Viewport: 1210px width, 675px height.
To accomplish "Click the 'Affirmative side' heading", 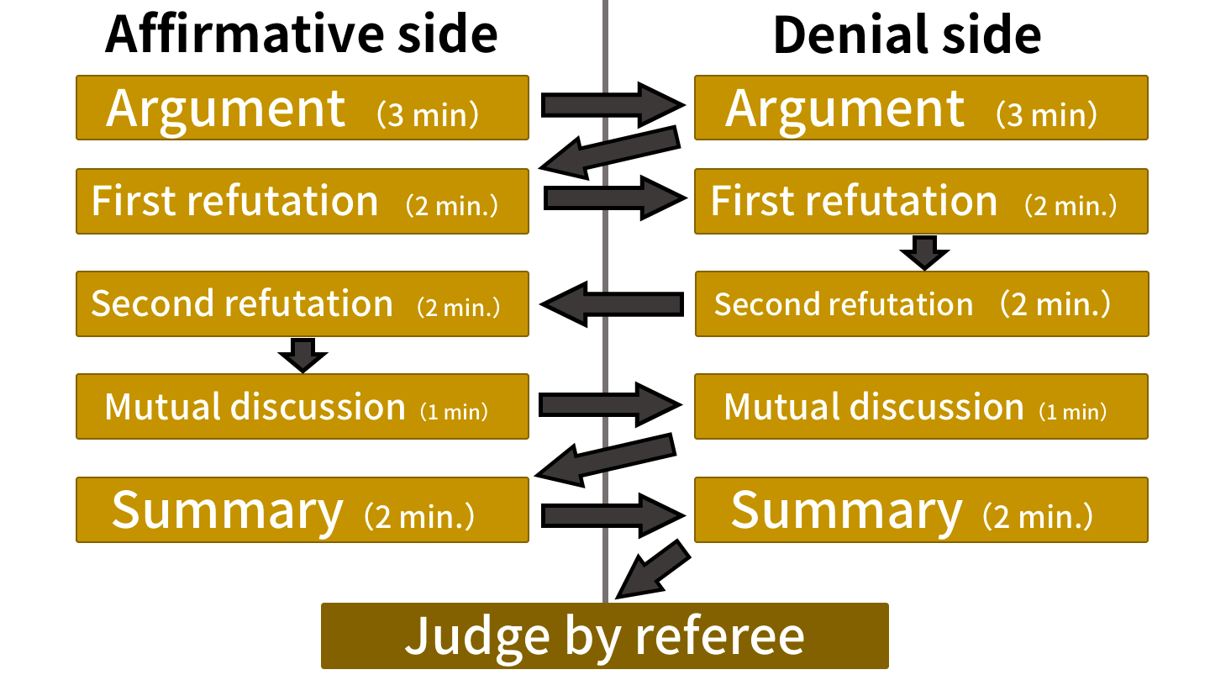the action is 302,34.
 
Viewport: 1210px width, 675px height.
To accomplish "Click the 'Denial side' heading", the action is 907,34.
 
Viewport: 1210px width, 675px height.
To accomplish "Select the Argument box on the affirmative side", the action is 302,108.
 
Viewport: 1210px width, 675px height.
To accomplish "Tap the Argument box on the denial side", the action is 921,108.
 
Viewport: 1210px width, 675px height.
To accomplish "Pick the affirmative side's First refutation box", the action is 302,201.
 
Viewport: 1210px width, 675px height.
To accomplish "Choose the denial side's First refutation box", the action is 921,201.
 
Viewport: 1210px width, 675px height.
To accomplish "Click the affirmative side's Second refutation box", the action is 302,303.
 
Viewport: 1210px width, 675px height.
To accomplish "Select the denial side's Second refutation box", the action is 922,303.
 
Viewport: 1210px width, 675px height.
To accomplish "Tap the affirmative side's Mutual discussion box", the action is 302,406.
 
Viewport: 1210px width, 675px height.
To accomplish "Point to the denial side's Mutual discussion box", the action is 921,406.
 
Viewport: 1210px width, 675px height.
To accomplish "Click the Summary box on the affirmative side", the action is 302,509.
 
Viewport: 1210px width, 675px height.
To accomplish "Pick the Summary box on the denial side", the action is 921,509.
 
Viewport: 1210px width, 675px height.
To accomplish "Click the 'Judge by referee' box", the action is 604,636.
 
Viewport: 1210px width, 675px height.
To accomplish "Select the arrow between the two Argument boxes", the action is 613,105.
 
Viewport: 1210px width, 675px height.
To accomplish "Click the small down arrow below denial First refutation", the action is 924,252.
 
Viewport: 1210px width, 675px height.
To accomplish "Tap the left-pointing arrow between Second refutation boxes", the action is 612,303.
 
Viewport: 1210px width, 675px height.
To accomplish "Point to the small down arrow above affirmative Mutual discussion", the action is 302,355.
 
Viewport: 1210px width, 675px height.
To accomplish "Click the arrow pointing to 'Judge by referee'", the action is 653,569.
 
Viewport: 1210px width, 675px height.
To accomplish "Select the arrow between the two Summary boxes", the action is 613,515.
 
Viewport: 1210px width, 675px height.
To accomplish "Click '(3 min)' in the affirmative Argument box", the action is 427,114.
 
